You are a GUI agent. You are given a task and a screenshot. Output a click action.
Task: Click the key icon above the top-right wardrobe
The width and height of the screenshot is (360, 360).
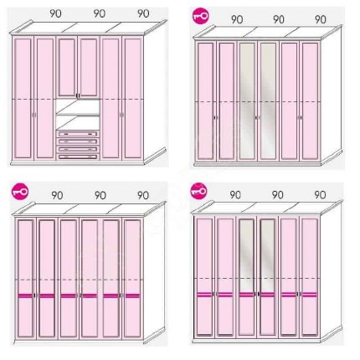pyautogui.click(x=201, y=15)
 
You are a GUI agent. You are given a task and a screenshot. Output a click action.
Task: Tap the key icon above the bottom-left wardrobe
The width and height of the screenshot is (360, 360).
pyautogui.click(x=20, y=192)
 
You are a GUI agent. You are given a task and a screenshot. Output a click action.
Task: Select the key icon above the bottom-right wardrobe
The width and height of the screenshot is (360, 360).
pyautogui.click(x=198, y=191)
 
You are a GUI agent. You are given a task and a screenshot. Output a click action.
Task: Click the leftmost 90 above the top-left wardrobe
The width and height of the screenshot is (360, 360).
pyautogui.click(x=55, y=13)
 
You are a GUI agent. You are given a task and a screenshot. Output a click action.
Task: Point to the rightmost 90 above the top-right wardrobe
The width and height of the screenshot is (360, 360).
pyautogui.click(x=321, y=19)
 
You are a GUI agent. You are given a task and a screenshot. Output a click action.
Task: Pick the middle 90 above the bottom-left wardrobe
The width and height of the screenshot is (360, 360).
pyautogui.click(x=100, y=195)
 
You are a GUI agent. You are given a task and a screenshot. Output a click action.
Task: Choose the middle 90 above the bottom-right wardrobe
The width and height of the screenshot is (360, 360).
pyautogui.click(x=277, y=194)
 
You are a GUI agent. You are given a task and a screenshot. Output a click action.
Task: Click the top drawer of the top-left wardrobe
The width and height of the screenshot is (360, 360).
pyautogui.click(x=78, y=134)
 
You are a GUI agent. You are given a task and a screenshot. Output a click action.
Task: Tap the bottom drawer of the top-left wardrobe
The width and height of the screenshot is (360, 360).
pyautogui.click(x=78, y=157)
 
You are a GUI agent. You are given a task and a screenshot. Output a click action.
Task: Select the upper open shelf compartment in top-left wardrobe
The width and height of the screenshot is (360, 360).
pyautogui.click(x=78, y=106)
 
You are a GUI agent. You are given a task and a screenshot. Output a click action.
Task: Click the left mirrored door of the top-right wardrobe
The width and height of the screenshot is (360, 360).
pyautogui.click(x=248, y=101)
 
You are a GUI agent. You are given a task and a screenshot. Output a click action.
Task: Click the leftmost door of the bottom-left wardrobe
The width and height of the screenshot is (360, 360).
pyautogui.click(x=26, y=279)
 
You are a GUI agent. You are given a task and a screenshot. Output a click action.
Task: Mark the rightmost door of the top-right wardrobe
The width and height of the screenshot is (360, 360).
pyautogui.click(x=310, y=101)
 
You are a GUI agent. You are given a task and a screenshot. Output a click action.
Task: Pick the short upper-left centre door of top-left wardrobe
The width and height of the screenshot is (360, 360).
pyautogui.click(x=67, y=68)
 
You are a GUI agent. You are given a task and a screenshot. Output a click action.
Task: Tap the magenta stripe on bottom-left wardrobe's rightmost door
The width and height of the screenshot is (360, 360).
pyautogui.click(x=132, y=296)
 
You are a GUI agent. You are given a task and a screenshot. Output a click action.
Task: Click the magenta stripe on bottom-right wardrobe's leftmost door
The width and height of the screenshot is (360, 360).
pyautogui.click(x=204, y=294)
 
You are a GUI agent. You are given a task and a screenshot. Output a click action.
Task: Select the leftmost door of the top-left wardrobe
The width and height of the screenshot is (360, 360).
pyautogui.click(x=23, y=98)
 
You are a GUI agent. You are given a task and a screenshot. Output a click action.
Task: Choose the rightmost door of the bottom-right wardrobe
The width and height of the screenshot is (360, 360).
pyautogui.click(x=310, y=277)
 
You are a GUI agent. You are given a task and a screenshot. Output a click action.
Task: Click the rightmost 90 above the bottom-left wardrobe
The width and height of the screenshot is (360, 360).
pyautogui.click(x=143, y=195)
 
